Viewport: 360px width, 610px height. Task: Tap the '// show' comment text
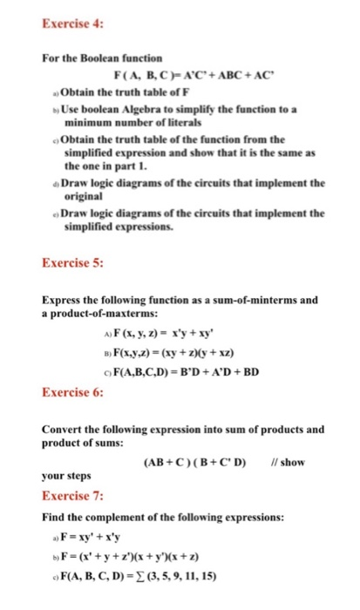[289, 461]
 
